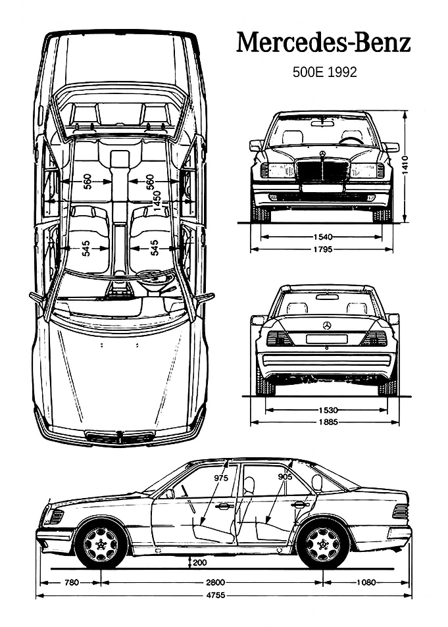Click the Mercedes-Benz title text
[323, 43]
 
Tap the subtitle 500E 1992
[324, 72]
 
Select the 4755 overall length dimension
[216, 595]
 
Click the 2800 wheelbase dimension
[216, 582]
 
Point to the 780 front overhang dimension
[72, 582]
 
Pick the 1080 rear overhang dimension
[366, 582]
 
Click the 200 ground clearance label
[200, 563]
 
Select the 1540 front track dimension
[323, 237]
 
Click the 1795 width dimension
[323, 249]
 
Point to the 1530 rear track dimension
[328, 410]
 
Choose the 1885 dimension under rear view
[328, 422]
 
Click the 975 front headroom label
[221, 478]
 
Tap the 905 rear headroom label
[286, 476]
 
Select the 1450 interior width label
[157, 201]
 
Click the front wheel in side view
[101, 544]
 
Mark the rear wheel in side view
[323, 544]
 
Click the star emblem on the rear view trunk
[327, 326]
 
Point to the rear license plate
[327, 339]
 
